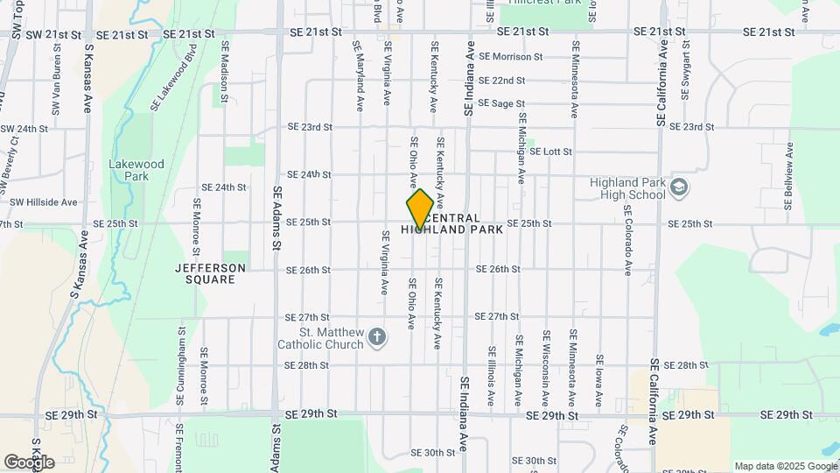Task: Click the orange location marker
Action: [x=420, y=208]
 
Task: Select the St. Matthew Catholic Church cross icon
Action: [x=377, y=337]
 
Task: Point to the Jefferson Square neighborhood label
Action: [x=210, y=273]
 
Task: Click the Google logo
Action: [x=29, y=462]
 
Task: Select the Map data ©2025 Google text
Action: [x=784, y=466]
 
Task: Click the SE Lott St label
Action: [x=550, y=152]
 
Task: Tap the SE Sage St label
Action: [x=507, y=103]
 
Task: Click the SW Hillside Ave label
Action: [x=44, y=201]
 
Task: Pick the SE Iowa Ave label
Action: [x=599, y=380]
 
